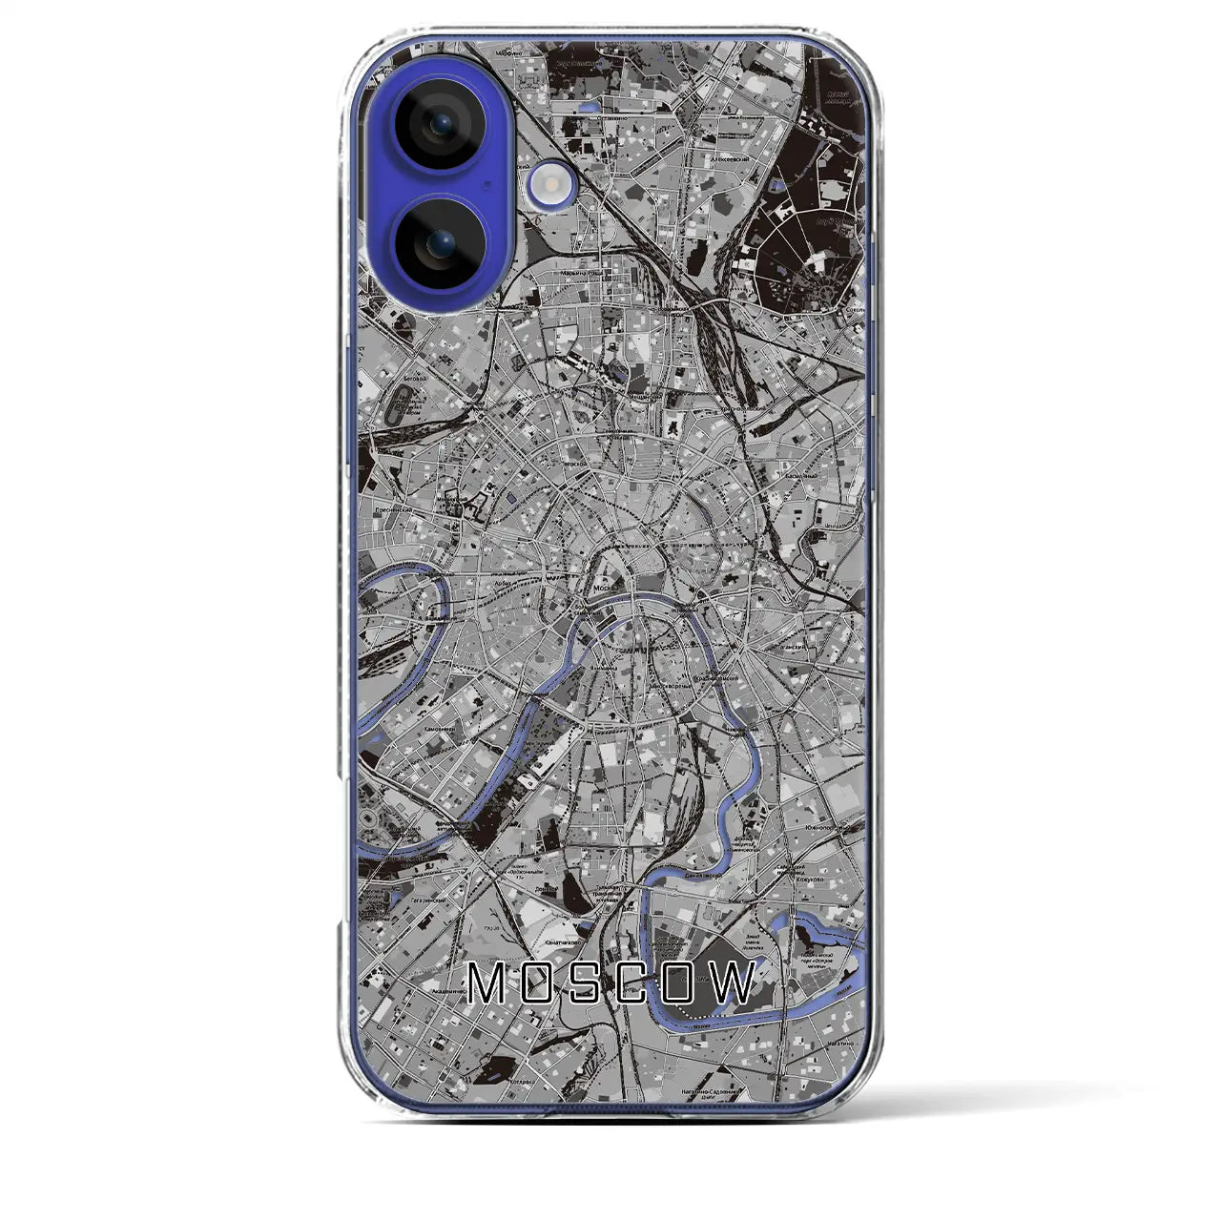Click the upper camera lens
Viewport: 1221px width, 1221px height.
(x=440, y=125)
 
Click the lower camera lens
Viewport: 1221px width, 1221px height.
(x=440, y=244)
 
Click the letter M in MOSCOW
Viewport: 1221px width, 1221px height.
(x=488, y=983)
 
